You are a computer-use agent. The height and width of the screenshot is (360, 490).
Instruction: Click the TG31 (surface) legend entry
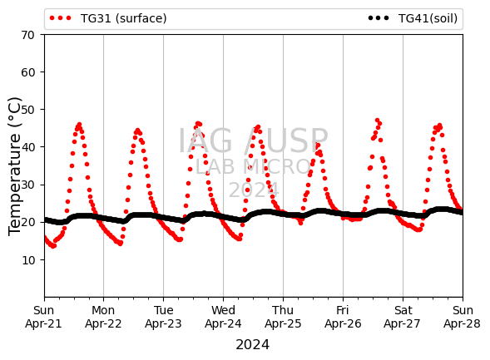click(x=108, y=18)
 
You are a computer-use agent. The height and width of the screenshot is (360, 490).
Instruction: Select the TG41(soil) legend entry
click(x=413, y=18)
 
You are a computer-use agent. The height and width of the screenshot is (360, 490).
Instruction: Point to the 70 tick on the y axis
click(x=27, y=35)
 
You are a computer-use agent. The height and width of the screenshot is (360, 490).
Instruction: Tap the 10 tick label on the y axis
click(x=27, y=259)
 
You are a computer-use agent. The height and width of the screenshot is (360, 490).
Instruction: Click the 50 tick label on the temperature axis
click(x=27, y=110)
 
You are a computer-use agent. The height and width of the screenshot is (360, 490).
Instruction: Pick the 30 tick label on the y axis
click(x=27, y=185)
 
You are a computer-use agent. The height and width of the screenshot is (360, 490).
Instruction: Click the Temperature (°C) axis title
click(x=15, y=166)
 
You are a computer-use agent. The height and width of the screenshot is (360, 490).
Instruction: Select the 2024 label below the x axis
click(x=253, y=345)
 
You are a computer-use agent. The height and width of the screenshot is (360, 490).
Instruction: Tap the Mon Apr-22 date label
click(x=103, y=317)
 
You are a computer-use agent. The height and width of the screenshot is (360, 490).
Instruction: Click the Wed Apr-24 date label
click(x=223, y=317)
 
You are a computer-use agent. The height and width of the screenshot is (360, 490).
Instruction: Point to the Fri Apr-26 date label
click(x=343, y=317)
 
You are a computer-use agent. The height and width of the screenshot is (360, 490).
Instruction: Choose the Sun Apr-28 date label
click(x=463, y=317)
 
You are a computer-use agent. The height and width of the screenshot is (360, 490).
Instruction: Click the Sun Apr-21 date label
click(x=44, y=317)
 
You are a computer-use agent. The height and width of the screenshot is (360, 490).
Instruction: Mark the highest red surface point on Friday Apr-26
click(x=377, y=121)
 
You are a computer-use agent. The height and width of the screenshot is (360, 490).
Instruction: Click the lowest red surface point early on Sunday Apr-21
click(x=53, y=246)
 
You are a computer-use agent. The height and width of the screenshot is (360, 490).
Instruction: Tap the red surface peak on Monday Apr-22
click(x=137, y=131)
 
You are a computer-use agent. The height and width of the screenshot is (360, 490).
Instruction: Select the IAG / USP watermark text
click(x=253, y=141)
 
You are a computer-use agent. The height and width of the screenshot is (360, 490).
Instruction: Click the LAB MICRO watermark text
click(x=253, y=167)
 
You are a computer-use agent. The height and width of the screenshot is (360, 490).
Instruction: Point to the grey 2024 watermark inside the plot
click(x=254, y=190)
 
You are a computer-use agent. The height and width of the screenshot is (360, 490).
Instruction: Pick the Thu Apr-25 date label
click(x=283, y=317)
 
